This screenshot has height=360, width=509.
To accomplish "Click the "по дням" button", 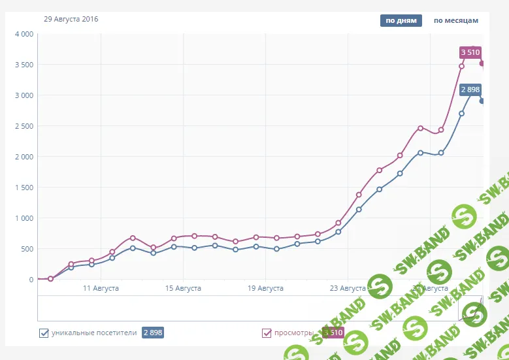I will [401, 20].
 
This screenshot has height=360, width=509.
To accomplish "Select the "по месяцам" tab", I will [456, 20].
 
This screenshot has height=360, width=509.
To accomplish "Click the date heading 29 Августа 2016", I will [71, 20].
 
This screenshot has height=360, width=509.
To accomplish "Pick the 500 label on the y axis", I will [27, 249].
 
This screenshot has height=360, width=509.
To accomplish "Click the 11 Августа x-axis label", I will [101, 288].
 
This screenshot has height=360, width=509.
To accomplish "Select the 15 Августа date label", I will [183, 288].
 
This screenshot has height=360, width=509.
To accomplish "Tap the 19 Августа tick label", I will [265, 288].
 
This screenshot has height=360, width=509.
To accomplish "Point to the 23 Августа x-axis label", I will [348, 288].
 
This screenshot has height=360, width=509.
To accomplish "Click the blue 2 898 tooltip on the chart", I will [470, 90].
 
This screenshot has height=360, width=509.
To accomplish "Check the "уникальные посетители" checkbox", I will [44, 333].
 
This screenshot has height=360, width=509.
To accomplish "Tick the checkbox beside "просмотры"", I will [267, 333].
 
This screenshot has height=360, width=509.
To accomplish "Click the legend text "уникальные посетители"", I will [94, 333].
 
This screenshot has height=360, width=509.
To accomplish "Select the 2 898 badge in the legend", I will [153, 333].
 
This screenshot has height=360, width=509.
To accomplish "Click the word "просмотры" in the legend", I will [293, 333].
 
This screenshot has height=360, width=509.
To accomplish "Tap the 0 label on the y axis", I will [31, 280].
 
